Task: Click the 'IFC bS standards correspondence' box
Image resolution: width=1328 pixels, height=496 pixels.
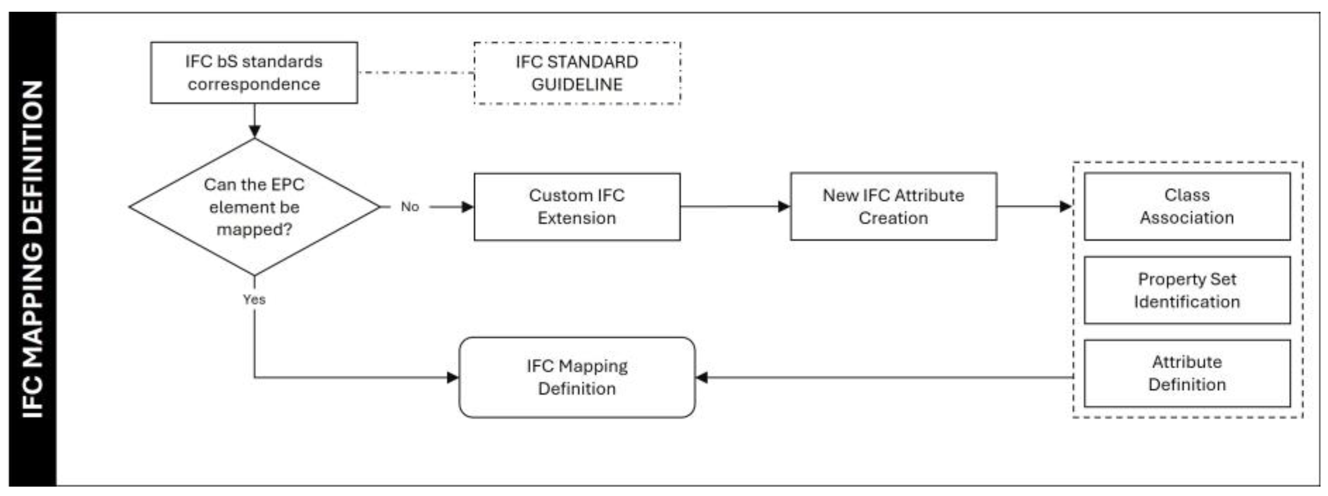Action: (254, 73)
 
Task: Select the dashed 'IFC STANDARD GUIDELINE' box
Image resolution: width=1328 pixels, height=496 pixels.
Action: (577, 73)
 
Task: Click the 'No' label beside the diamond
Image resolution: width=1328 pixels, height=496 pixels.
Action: (410, 207)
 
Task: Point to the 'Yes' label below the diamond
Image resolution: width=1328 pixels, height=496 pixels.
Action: (254, 299)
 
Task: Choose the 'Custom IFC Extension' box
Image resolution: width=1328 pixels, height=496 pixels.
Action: (577, 207)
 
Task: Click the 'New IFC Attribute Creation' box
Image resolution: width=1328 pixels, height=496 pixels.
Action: (893, 207)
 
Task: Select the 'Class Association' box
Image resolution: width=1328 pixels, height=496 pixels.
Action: (1187, 206)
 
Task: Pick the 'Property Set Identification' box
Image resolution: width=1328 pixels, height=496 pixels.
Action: (1187, 290)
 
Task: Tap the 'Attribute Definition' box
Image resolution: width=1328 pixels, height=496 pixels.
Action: (1187, 373)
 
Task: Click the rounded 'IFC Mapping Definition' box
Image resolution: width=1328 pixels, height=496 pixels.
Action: (577, 377)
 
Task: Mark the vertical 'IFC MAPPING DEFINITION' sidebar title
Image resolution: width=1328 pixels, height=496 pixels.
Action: (32, 249)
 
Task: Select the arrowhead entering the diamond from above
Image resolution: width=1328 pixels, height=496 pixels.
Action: (254, 131)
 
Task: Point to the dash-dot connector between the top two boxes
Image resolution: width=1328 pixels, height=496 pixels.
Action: (415, 73)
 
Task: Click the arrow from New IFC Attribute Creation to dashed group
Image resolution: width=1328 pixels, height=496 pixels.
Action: (1034, 207)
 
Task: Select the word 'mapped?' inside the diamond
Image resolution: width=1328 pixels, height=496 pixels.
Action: (254, 229)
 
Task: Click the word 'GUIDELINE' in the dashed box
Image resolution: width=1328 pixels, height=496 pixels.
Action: (577, 84)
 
